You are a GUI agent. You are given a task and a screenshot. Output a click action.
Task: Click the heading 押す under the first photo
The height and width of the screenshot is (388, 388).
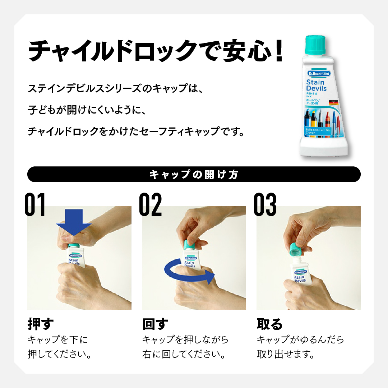(x=41, y=324)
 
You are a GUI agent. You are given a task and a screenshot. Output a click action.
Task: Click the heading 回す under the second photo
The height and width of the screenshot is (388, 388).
(x=155, y=324)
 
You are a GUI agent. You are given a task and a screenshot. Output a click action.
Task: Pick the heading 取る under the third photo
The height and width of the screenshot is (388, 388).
(x=270, y=324)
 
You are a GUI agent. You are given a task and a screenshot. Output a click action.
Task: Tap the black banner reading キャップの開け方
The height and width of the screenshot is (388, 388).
(x=194, y=175)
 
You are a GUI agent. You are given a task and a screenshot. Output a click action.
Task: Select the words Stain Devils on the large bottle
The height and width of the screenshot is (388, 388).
(x=316, y=86)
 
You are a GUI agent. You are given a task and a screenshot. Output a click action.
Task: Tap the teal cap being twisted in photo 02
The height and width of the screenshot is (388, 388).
(x=190, y=245)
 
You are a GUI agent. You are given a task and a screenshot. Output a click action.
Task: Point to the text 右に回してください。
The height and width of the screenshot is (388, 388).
(x=184, y=355)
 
